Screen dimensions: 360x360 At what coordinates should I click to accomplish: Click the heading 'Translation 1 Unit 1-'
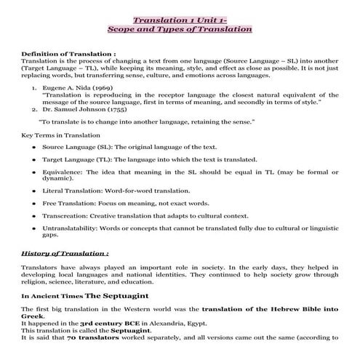coord(179,17)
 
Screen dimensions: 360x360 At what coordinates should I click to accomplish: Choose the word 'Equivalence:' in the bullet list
coord(63,172)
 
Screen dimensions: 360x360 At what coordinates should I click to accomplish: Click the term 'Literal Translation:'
coord(74,190)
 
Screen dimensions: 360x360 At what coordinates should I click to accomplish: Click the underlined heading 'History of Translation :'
coord(65,254)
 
